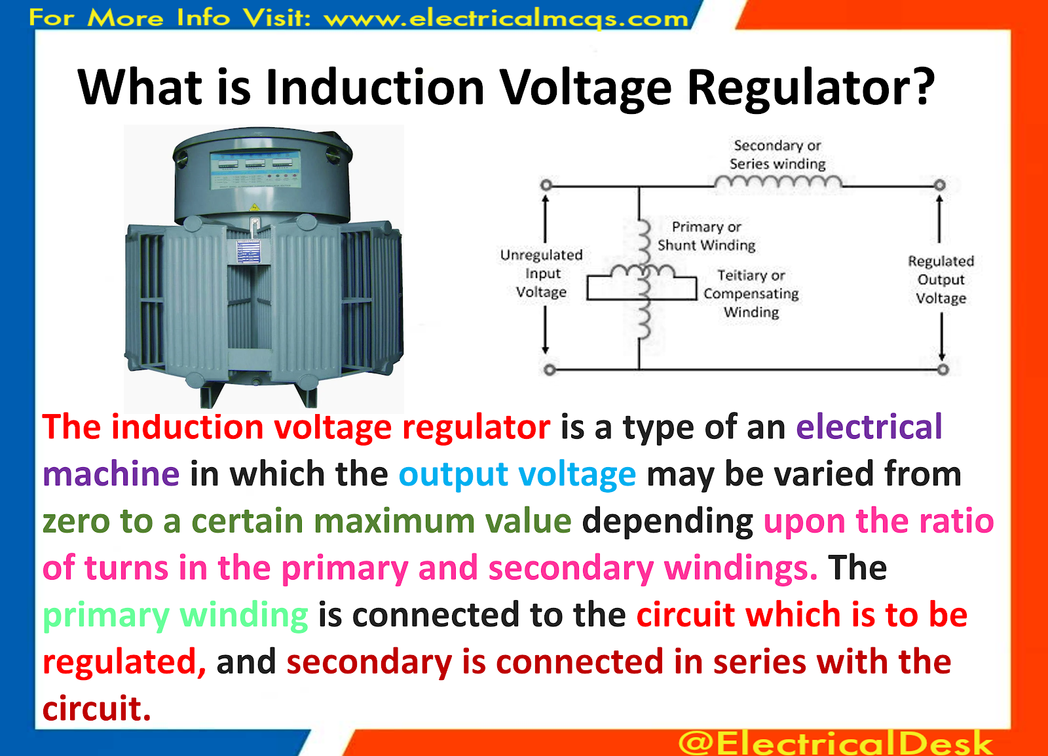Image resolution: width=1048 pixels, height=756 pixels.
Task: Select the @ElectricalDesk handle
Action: click(835, 742)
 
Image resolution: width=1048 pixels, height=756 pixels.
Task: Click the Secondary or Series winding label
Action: click(777, 155)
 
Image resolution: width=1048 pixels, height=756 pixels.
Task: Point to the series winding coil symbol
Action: click(778, 182)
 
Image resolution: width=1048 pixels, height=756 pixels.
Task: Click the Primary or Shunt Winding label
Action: click(706, 236)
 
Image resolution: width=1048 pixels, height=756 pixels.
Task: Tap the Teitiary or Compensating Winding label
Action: click(751, 293)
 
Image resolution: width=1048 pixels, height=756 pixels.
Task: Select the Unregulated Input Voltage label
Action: click(541, 273)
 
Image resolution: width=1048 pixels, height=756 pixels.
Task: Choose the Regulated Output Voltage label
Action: click(941, 280)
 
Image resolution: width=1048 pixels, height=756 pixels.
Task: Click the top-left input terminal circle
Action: click(546, 185)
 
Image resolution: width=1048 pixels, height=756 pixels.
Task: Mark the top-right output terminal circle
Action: click(939, 185)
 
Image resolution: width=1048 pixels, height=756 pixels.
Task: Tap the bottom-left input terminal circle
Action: click(550, 370)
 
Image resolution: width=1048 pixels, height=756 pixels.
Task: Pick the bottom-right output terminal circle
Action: click(943, 369)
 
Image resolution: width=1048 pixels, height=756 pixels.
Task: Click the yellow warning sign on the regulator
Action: click(254, 208)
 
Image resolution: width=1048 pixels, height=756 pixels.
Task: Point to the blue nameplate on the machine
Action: click(248, 251)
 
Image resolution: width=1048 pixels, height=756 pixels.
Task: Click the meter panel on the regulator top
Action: click(255, 168)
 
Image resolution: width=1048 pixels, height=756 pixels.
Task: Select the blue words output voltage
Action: click(517, 474)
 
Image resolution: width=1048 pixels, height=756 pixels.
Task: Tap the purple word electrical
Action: click(869, 427)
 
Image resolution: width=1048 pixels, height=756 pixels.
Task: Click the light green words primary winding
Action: click(175, 615)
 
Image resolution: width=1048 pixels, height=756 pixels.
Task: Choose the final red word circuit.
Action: click(96, 709)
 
